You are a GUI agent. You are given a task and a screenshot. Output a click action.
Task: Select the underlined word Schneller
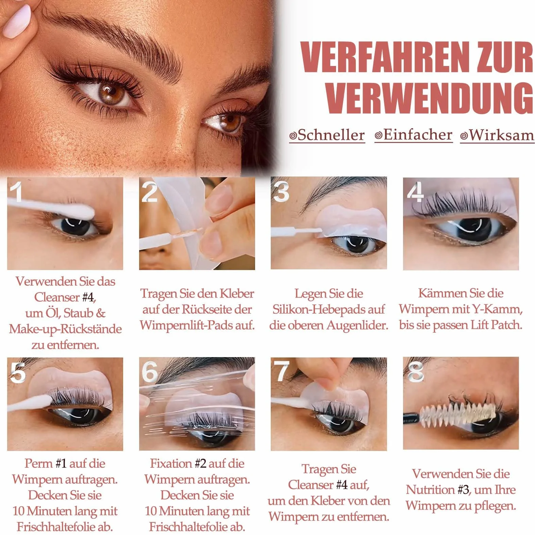(327, 135)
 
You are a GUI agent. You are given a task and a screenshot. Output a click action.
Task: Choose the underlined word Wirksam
(497, 135)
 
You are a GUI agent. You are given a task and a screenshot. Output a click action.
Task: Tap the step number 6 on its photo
(150, 371)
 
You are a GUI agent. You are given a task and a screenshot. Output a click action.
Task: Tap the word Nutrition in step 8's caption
(430, 490)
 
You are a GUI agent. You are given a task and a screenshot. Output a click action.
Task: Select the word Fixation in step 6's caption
(171, 464)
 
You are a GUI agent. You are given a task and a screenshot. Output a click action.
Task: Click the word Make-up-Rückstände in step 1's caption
(65, 329)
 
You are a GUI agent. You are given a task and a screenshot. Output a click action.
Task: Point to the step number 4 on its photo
(415, 191)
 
